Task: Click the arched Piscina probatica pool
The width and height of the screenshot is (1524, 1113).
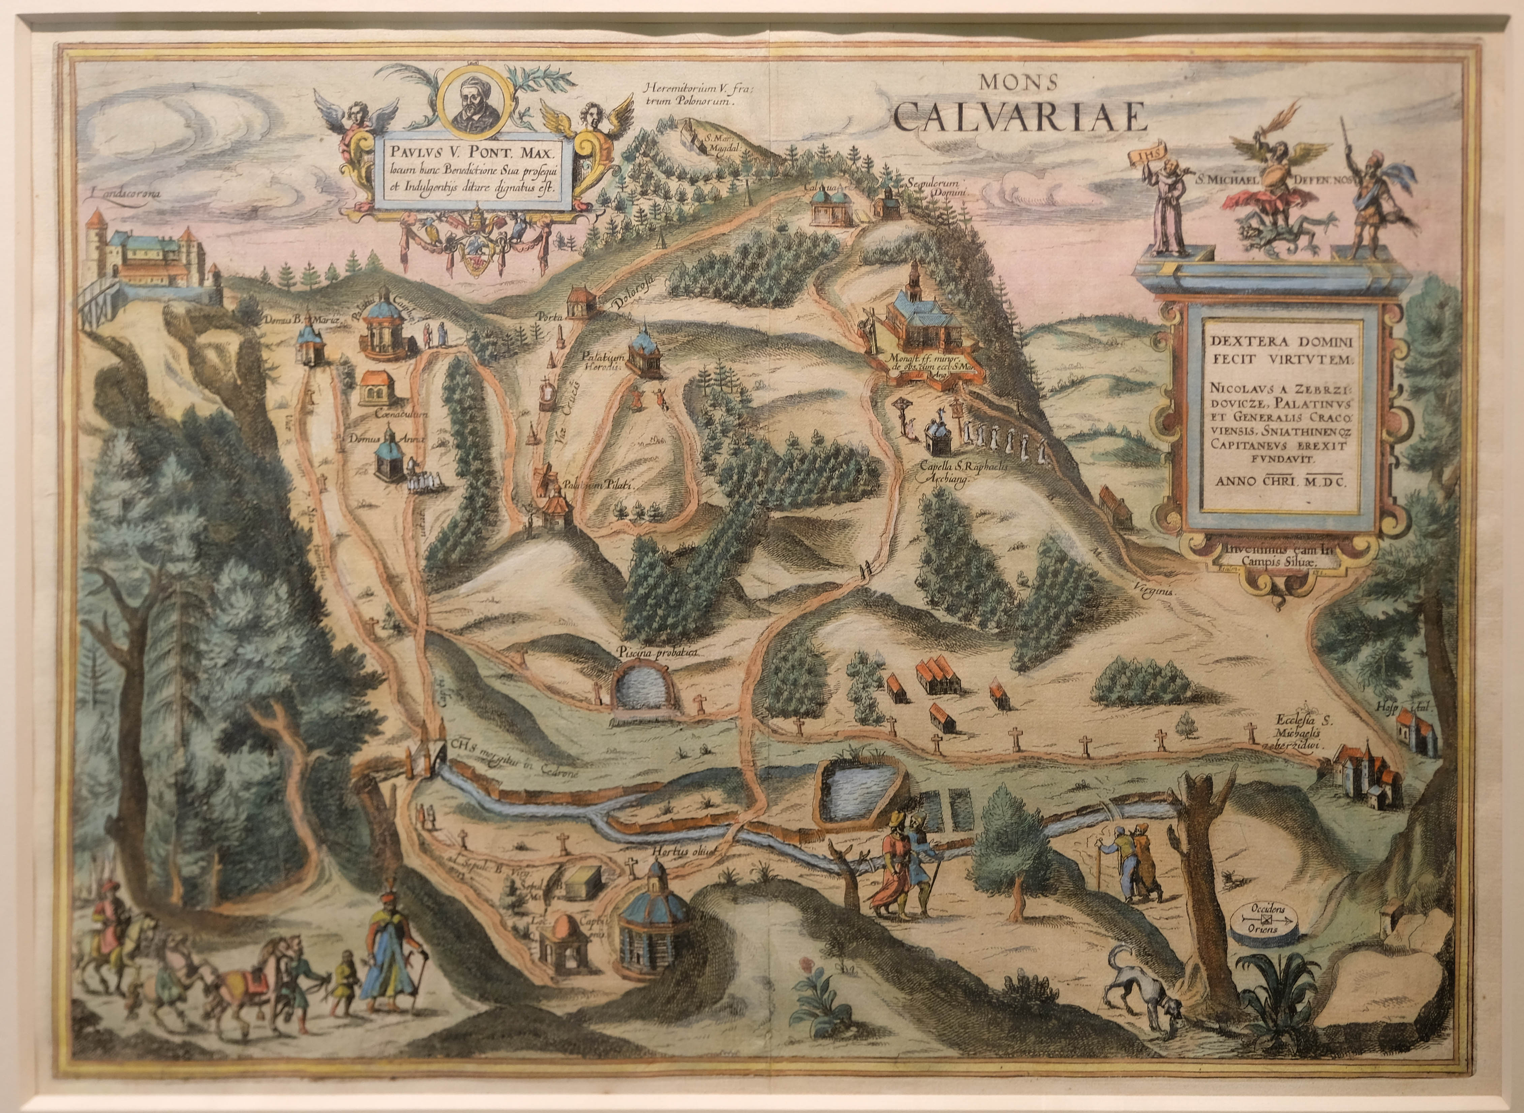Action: coord(646,687)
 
